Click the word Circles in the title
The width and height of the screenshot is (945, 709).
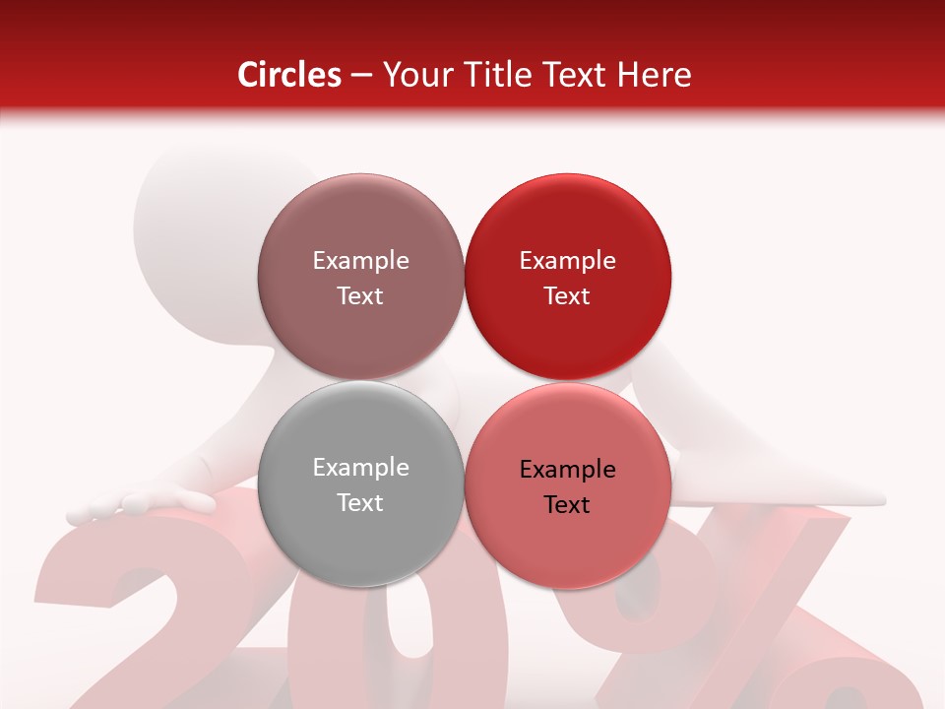(x=289, y=75)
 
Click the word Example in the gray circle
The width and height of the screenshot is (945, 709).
(x=360, y=468)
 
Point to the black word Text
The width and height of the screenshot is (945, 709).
(x=567, y=505)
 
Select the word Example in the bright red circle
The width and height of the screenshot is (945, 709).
(x=567, y=261)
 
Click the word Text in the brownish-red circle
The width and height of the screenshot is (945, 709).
(x=360, y=296)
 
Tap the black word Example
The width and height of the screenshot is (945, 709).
(x=567, y=470)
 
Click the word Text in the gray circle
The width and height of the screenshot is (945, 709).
(x=360, y=503)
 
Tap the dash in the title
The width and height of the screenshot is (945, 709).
(x=362, y=76)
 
